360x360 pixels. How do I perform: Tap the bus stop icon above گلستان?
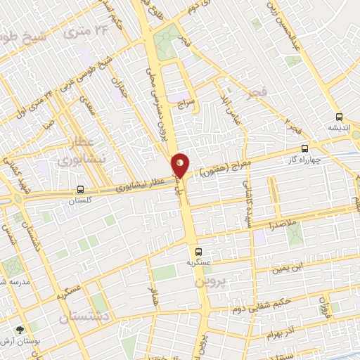(81, 189)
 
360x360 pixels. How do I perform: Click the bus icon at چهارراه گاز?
(304, 149)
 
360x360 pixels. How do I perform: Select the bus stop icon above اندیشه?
(339, 117)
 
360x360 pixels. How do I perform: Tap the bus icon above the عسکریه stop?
(198, 251)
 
